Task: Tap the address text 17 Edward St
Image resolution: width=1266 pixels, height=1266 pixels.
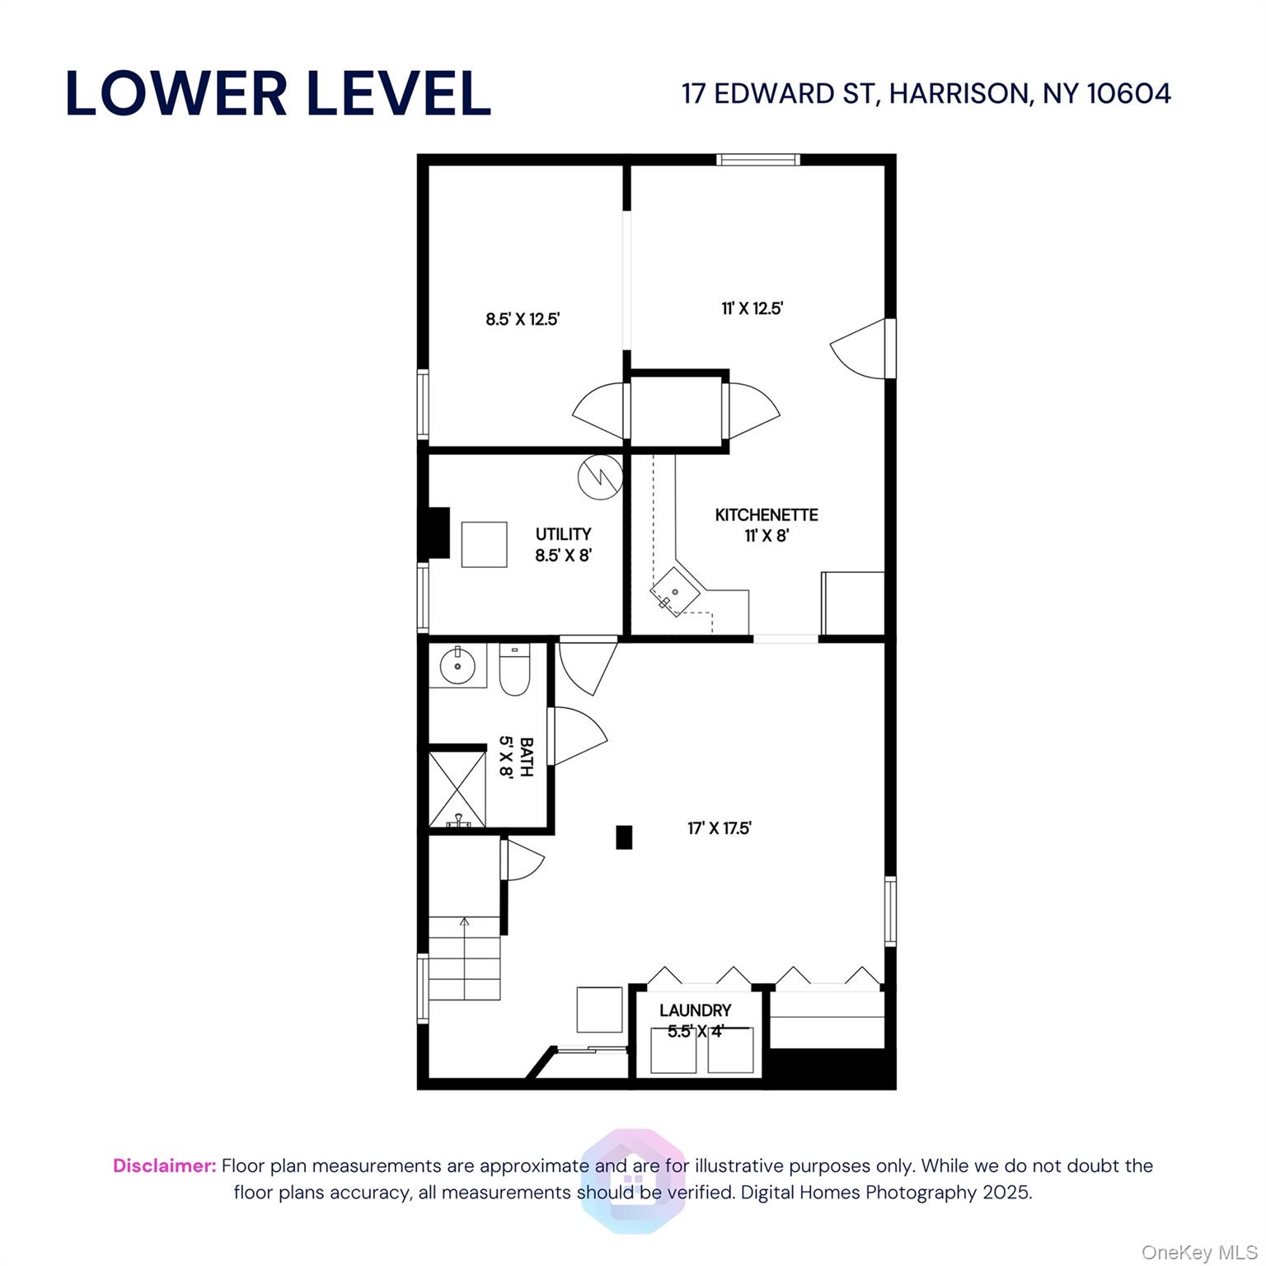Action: coord(926,93)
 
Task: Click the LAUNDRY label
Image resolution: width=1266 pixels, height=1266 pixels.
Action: coord(695,1010)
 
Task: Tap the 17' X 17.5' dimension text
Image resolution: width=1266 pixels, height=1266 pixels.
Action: coord(720,828)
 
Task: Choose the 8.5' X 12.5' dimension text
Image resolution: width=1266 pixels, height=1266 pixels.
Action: coord(523,319)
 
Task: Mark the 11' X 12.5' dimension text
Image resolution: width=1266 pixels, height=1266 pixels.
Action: coord(752,308)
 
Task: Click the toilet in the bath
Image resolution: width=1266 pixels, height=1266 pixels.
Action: coord(514,670)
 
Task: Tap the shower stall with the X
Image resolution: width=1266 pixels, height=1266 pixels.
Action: coord(457,787)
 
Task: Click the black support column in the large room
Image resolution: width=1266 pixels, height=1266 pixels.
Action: coord(624,837)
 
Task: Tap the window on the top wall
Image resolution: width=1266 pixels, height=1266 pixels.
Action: coord(757,160)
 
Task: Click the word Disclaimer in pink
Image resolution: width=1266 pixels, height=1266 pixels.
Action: coord(164,1165)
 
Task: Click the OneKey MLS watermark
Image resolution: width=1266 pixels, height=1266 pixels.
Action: coord(1198,1253)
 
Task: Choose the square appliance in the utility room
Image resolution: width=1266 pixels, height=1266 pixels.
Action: coord(484,544)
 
